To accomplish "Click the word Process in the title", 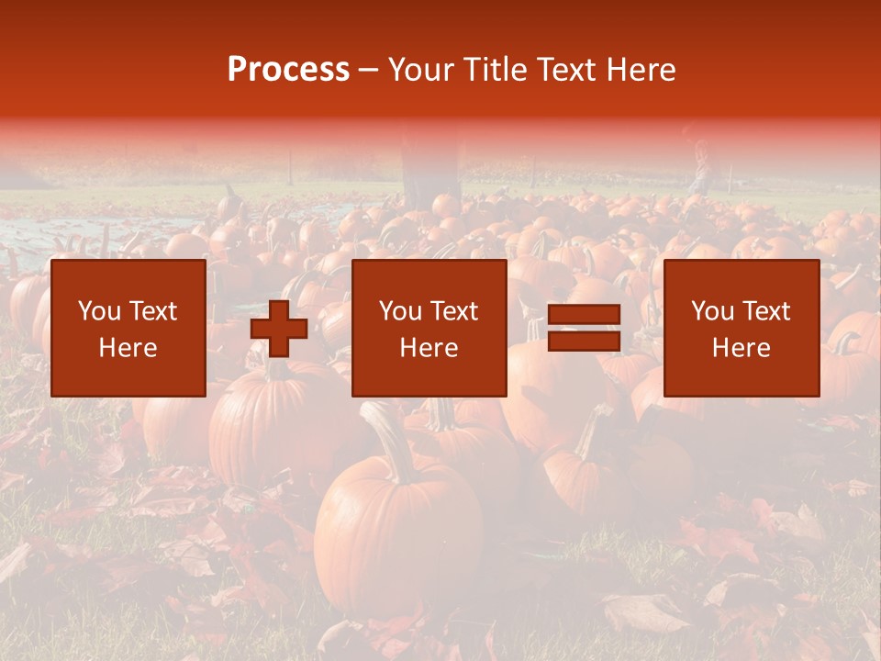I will tap(288, 70).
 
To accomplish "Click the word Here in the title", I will tap(641, 70).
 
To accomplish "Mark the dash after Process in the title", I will tap(369, 71).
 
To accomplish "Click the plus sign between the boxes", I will tap(279, 328).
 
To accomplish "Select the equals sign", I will tap(584, 328).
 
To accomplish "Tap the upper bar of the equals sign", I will tap(584, 316).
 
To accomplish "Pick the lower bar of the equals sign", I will tap(584, 341).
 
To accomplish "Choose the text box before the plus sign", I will tap(128, 328).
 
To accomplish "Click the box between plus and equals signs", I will tap(429, 328).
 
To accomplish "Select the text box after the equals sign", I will tap(741, 328).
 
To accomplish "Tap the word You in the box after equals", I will tap(713, 311).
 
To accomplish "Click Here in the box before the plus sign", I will tap(128, 348).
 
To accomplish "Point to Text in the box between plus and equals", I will tap(455, 311).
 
